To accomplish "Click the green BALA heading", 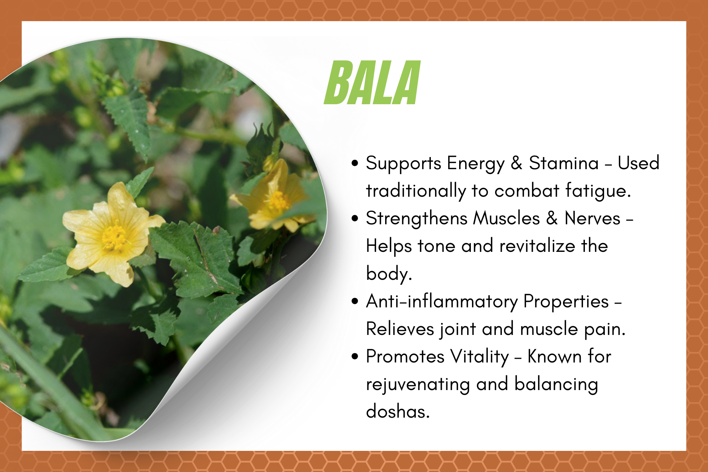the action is (372, 83).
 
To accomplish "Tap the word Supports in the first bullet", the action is (403, 164).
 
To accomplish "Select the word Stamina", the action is (564, 163).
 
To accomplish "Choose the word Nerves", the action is (592, 218).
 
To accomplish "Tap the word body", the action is (389, 274).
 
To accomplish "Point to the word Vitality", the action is (480, 357).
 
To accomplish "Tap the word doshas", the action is (398, 411).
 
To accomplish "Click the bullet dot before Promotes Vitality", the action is (355, 356).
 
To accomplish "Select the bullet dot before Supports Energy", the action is (355, 163).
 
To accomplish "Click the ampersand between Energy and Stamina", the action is (517, 163).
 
